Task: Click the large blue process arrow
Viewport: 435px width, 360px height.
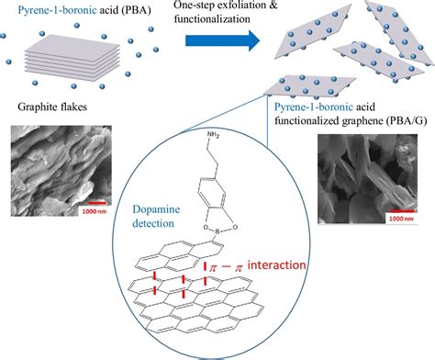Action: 220,40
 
